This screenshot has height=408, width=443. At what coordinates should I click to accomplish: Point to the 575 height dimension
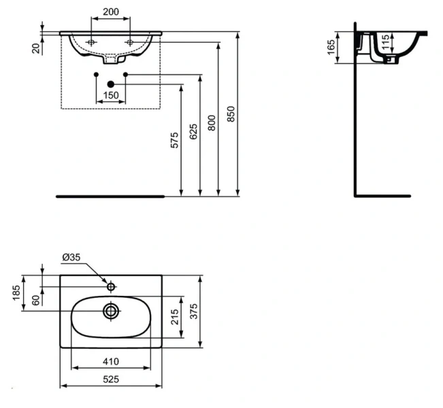click(x=174, y=141)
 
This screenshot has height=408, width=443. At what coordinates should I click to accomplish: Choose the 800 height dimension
click(x=211, y=122)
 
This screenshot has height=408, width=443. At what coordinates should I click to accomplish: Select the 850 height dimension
click(x=230, y=114)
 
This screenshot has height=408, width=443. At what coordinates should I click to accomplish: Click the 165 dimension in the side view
click(x=331, y=48)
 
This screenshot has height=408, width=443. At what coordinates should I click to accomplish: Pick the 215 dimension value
click(x=174, y=316)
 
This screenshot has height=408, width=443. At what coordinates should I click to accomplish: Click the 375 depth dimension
click(x=193, y=312)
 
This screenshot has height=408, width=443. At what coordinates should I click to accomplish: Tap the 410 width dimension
click(x=111, y=361)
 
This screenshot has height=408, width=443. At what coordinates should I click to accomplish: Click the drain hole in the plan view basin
click(x=111, y=311)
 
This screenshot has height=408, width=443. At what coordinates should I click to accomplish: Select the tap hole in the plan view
click(x=110, y=286)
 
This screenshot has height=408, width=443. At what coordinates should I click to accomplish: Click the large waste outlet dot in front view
click(x=111, y=84)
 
